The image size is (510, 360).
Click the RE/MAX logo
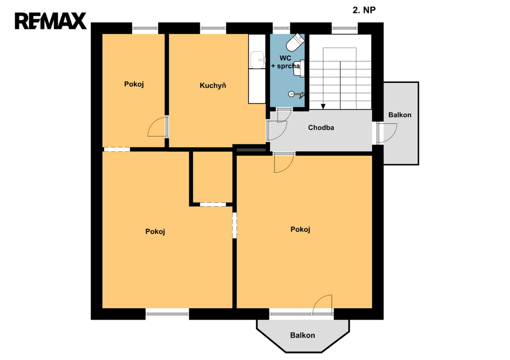tap(50, 21)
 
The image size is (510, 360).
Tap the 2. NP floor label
tap(364, 10)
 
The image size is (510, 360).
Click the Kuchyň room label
tap(213, 86)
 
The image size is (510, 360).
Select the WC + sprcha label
tap(285, 62)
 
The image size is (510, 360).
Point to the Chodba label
tap(321, 127)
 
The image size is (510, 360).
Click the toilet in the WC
tap(295, 42)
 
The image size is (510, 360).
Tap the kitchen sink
tap(258, 60)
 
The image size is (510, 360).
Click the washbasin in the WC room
tap(299, 68)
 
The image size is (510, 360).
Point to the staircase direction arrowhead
tap(323, 107)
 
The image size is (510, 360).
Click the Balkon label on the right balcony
tap(400, 115)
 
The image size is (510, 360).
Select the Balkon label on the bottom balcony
tap(302, 335)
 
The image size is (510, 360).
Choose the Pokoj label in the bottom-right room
tap(300, 229)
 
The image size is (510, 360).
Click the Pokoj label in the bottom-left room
tap(155, 232)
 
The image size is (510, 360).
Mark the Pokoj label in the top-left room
tap(134, 84)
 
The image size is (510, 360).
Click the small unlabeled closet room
tap(213, 177)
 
